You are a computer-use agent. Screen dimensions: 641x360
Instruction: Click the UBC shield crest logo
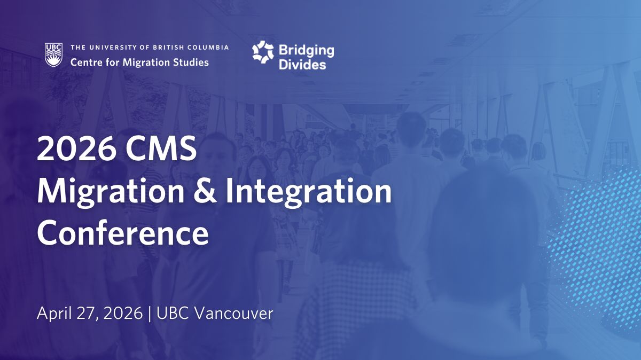(x=53, y=54)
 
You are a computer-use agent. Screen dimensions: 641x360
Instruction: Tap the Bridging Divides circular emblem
(x=263, y=52)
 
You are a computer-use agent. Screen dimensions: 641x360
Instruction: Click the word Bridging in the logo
(x=306, y=51)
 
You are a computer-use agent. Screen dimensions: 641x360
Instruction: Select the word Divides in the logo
(x=302, y=65)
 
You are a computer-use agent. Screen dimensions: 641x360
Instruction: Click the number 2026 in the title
(x=76, y=149)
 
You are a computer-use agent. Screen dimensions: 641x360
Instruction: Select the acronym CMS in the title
(x=161, y=149)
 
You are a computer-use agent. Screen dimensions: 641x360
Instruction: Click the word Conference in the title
(x=123, y=233)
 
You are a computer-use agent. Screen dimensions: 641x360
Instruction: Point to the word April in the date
(x=54, y=314)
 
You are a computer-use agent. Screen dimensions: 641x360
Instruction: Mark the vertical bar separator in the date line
(x=150, y=314)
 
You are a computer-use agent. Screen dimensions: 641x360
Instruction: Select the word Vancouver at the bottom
(x=234, y=314)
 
